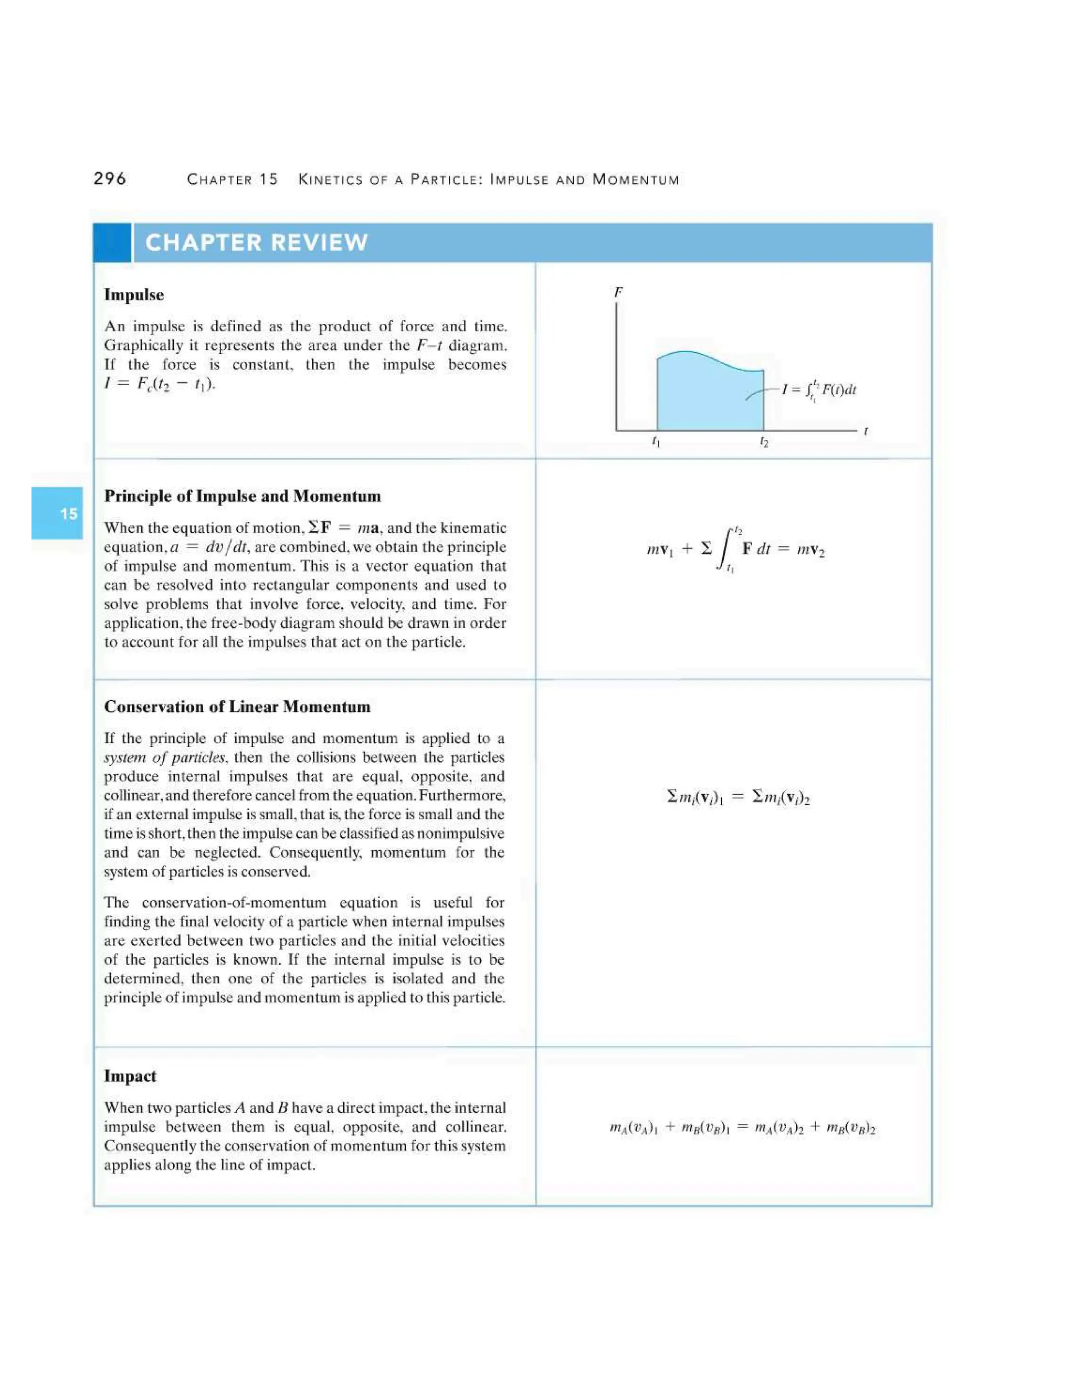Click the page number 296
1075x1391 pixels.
(x=110, y=178)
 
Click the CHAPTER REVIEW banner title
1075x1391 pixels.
(x=257, y=243)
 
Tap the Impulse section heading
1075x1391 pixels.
(x=134, y=295)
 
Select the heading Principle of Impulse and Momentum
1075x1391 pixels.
(x=242, y=496)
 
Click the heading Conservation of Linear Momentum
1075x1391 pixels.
(x=237, y=707)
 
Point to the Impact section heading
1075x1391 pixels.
(x=130, y=1077)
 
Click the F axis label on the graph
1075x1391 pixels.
(x=618, y=292)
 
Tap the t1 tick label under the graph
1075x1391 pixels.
(x=656, y=441)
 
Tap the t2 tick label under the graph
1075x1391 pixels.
(x=764, y=441)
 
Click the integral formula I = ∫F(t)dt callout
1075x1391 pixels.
(x=819, y=390)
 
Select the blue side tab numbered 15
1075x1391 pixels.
(x=57, y=513)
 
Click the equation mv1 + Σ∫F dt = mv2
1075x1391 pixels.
(x=735, y=549)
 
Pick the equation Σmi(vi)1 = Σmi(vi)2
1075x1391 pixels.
(x=737, y=797)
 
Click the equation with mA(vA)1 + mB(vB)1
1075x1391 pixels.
(x=742, y=1128)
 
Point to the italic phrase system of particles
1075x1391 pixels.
(x=164, y=757)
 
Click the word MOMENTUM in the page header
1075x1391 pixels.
(x=636, y=180)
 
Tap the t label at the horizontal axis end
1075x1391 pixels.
(x=866, y=431)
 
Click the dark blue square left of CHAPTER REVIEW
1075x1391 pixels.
(x=112, y=243)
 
